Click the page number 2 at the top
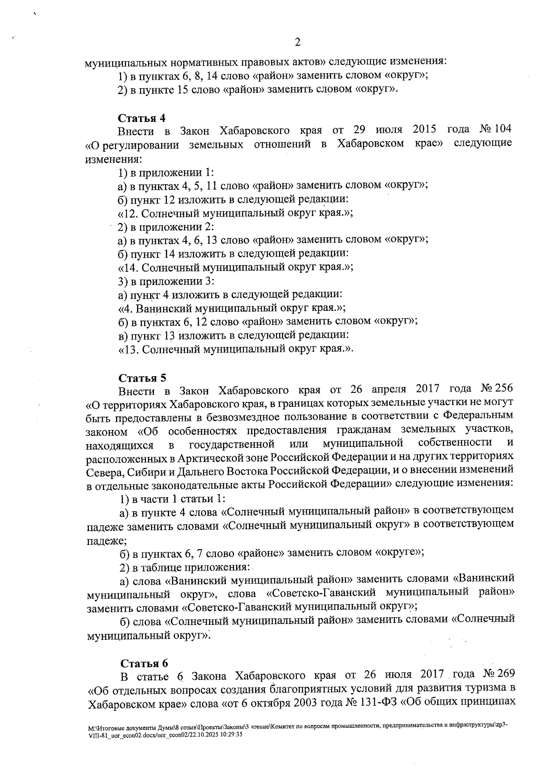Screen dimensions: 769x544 pyautogui.click(x=297, y=43)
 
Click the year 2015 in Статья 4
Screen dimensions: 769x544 pyautogui.click(x=424, y=129)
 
